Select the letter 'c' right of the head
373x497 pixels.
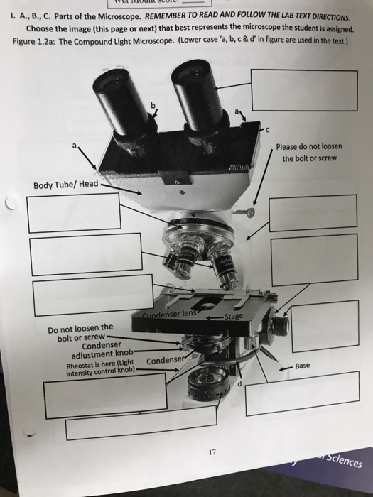267,130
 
